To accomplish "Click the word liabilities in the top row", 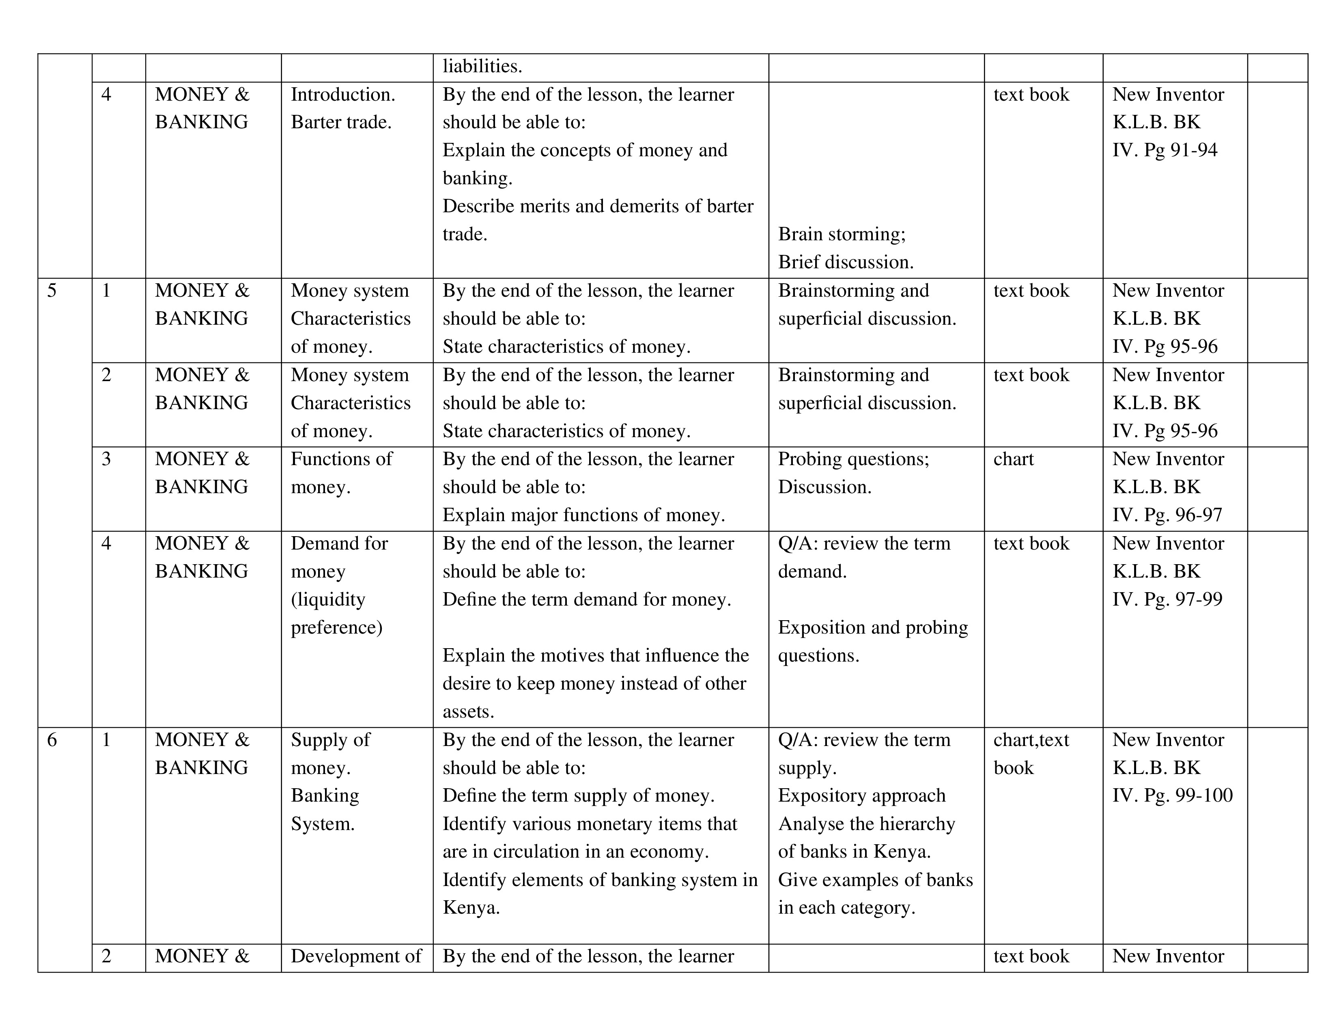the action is click(x=482, y=66).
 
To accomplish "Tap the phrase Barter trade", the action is click(x=341, y=122).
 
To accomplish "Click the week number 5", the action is click(x=52, y=290).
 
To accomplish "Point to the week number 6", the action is click(x=52, y=740).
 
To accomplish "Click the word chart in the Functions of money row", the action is click(x=1014, y=459).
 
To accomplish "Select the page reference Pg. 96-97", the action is click(x=1183, y=515).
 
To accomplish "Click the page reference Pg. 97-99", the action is click(x=1183, y=599).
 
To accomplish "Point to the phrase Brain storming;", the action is click(x=842, y=234).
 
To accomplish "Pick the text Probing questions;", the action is click(x=853, y=459).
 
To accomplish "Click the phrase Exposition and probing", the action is click(x=873, y=627).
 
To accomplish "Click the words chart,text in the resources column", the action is click(x=1031, y=740).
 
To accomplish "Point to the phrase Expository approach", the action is click(x=862, y=795).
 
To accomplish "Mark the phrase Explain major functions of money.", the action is click(x=583, y=515).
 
